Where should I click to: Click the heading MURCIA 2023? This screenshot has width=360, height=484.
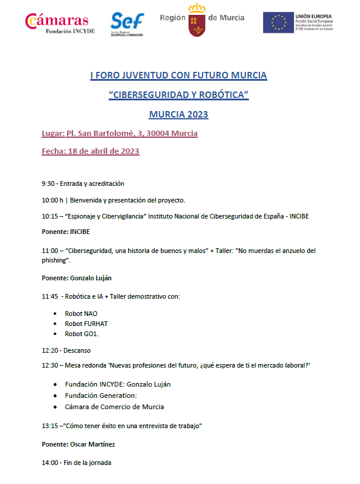click(178, 115)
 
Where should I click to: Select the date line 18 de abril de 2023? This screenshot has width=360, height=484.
click(104, 151)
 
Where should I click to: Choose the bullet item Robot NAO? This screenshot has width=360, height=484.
click(81, 313)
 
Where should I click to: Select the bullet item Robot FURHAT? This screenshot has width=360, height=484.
click(86, 324)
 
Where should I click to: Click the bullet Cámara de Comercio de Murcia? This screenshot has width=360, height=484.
click(115, 407)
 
